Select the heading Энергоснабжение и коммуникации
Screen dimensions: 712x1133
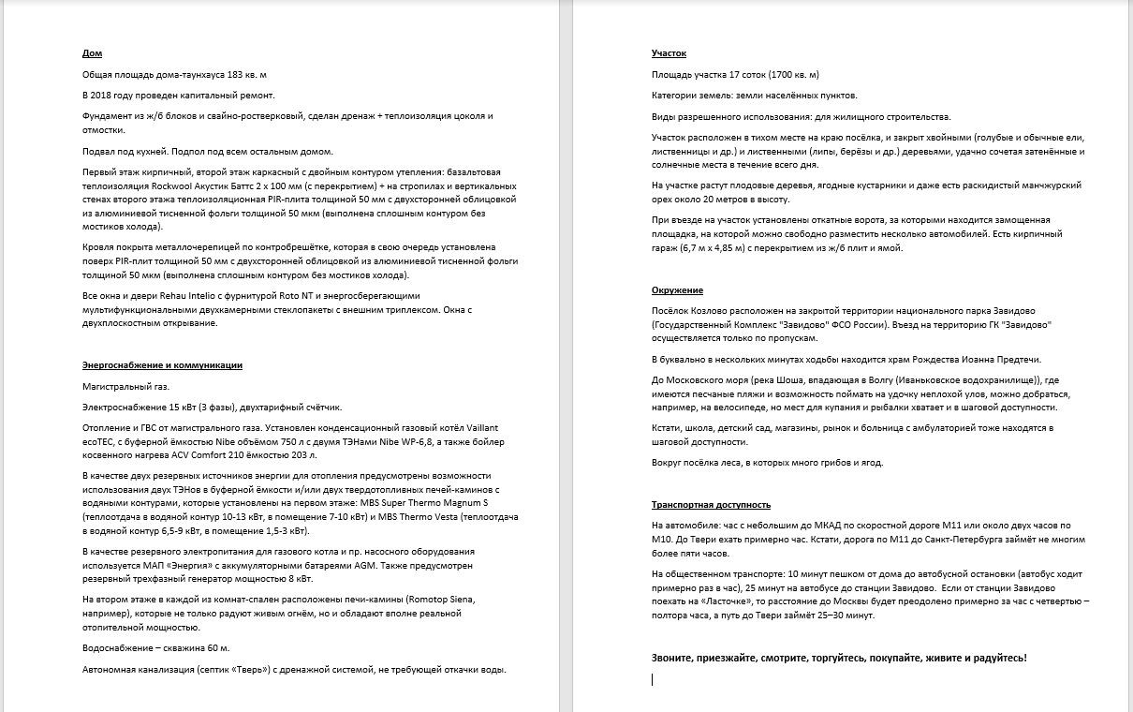162,365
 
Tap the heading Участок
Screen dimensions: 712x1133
669,53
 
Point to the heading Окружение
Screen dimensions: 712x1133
677,290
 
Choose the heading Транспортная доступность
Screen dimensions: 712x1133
711,505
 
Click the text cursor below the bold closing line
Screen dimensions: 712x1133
653,680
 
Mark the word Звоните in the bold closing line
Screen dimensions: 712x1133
674,658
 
